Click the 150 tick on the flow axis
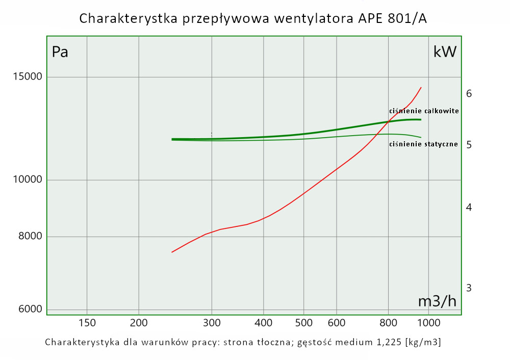[x=87, y=322]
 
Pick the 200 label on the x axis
[x=139, y=322]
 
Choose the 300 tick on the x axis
[x=212, y=322]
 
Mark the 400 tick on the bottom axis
[x=263, y=322]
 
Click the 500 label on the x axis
[x=303, y=322]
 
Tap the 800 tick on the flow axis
[x=388, y=322]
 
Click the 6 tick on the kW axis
[x=469, y=94]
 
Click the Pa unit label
[x=60, y=52]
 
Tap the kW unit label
[x=445, y=52]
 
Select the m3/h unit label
[x=437, y=301]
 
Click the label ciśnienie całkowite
[x=424, y=111]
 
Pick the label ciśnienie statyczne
[x=423, y=144]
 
